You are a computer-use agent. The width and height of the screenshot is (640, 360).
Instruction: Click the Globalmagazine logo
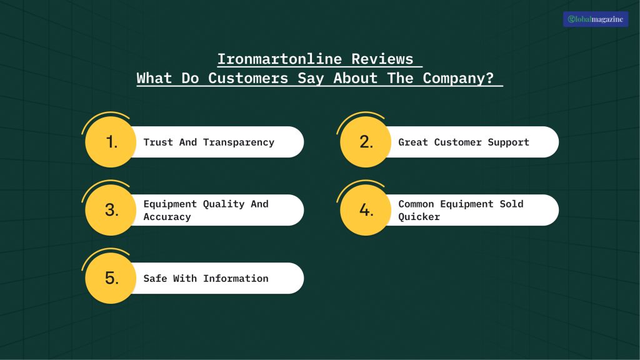595,19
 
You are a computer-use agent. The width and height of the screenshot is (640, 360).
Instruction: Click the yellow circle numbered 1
111,142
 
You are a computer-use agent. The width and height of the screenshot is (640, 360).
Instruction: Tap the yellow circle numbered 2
366,142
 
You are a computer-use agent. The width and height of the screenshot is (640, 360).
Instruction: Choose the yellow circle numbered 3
111,210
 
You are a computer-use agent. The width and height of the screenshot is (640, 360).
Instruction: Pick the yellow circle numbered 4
366,210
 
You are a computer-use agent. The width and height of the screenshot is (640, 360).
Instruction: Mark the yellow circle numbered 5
111,278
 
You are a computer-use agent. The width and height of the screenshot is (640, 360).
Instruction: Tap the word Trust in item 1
158,142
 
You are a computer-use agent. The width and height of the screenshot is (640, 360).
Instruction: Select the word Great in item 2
413,142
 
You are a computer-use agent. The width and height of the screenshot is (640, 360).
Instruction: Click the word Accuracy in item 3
167,217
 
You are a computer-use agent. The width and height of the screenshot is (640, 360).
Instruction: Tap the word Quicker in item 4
419,217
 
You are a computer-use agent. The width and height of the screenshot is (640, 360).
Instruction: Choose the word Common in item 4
416,204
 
